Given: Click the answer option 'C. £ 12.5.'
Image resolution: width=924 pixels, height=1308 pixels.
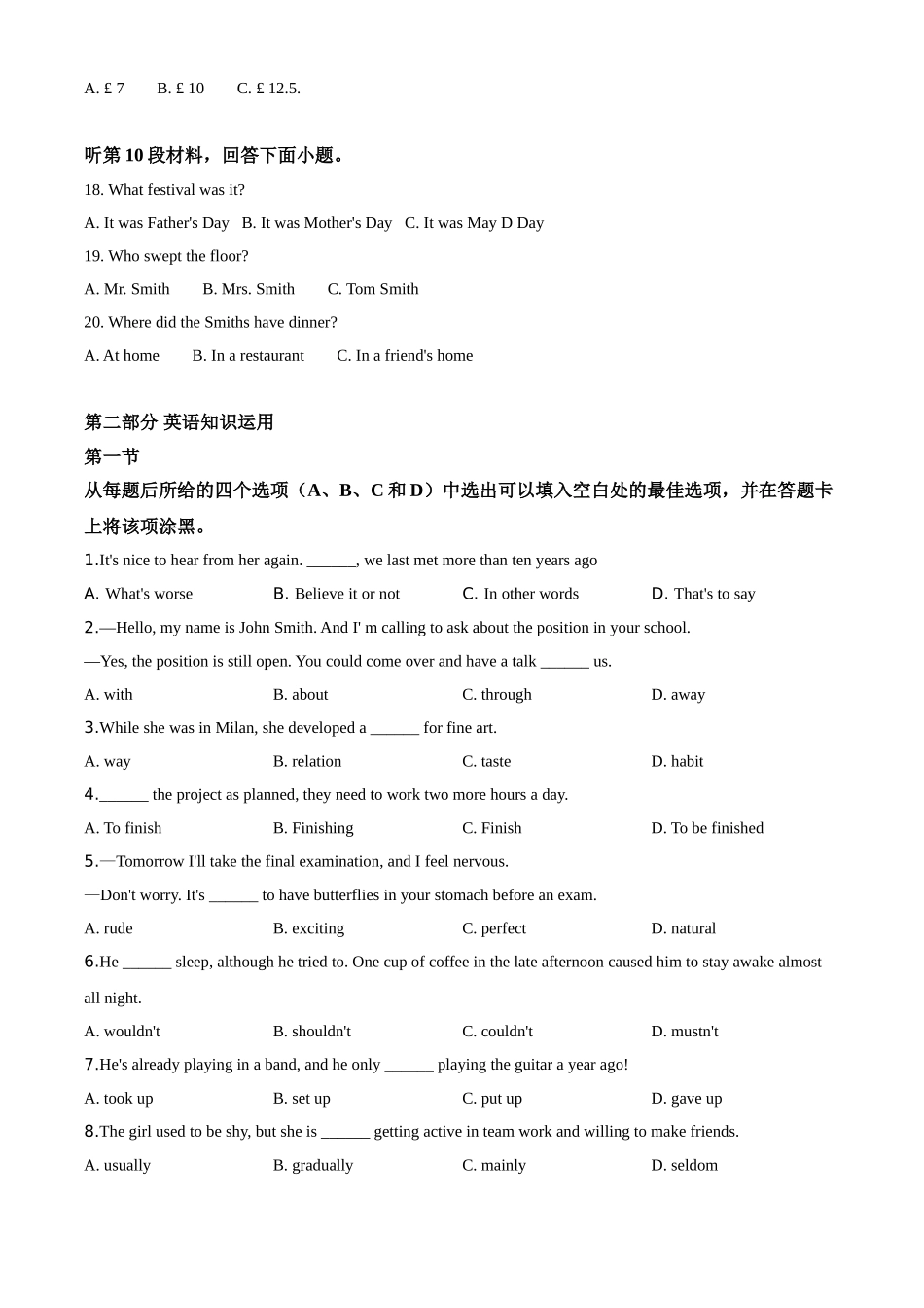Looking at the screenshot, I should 268,89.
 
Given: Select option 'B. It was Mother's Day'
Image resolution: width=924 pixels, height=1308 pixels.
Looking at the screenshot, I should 316,223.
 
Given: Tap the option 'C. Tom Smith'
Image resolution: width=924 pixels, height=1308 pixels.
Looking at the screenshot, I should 373,289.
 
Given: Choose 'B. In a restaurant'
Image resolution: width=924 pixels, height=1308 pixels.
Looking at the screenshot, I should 248,356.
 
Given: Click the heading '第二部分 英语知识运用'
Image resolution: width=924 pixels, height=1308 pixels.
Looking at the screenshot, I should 179,422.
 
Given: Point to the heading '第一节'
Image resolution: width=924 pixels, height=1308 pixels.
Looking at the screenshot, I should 112,456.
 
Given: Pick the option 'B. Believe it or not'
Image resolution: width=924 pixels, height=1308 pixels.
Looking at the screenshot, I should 337,594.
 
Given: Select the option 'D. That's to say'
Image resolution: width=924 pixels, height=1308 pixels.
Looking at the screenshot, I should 703,594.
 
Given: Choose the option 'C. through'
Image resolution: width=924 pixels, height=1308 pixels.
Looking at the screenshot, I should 497,695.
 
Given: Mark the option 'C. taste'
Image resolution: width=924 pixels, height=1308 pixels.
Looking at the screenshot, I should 486,762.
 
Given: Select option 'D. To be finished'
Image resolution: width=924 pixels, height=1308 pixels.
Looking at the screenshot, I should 707,828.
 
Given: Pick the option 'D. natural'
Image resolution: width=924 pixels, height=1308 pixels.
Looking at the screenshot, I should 683,928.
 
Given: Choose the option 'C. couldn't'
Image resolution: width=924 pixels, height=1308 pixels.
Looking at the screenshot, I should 497,1032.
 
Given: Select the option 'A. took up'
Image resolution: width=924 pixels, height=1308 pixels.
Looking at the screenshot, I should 119,1099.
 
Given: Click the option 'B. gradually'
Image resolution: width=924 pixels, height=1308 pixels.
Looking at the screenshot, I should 313,1166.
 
